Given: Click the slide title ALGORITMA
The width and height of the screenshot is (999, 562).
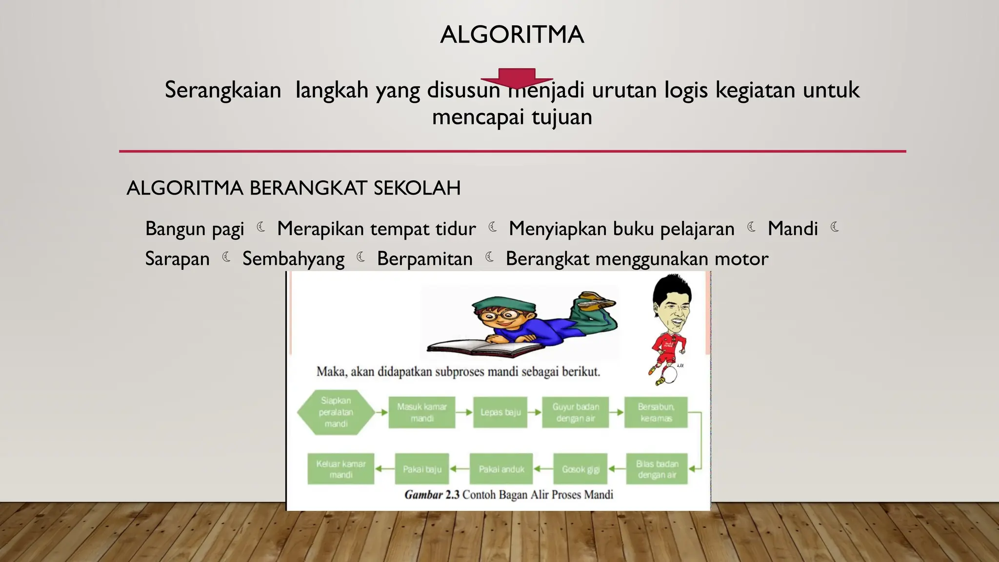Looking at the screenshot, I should pos(512,35).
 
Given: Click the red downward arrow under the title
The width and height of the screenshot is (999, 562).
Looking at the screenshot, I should pos(517,79).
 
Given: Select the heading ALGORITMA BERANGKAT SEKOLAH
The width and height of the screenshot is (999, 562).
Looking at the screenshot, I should pos(293,188).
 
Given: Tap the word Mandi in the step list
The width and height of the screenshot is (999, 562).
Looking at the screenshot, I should pos(792,229).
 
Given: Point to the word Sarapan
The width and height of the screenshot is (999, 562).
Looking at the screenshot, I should pos(177,259).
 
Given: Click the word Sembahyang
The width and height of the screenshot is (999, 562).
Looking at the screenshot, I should pos(293,259).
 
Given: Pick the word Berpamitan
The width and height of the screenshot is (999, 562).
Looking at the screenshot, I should pos(424,259).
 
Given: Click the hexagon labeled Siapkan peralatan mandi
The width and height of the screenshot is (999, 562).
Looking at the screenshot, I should pos(336,412).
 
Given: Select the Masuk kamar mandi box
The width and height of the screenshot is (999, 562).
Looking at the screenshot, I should pos(421,412).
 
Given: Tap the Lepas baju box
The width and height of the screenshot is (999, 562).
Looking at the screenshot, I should pos(500,412).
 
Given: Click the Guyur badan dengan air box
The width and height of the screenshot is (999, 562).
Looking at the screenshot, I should pos(575,412).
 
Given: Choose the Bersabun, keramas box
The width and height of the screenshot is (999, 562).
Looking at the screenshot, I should pos(656,412).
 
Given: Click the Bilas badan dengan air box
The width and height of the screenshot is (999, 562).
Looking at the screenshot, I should pos(657,469).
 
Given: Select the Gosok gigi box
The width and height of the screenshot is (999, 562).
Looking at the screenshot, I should pos(580,469).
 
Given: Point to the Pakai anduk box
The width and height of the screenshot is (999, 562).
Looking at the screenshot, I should pos(501,469).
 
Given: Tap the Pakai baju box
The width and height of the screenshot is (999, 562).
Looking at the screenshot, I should pos(422,469).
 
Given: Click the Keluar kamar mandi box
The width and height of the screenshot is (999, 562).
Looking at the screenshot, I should pos(340,469).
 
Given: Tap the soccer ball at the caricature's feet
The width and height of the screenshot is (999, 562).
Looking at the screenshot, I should pos(670,375).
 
